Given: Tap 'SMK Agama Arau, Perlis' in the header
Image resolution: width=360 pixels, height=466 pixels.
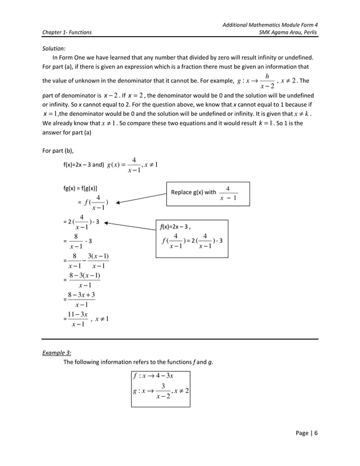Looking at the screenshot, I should (x=288, y=33).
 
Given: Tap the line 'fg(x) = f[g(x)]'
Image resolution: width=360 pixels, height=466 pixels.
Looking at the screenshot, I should (x=82, y=187).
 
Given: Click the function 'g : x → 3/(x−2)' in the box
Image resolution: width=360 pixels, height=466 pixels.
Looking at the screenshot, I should (x=160, y=391).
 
